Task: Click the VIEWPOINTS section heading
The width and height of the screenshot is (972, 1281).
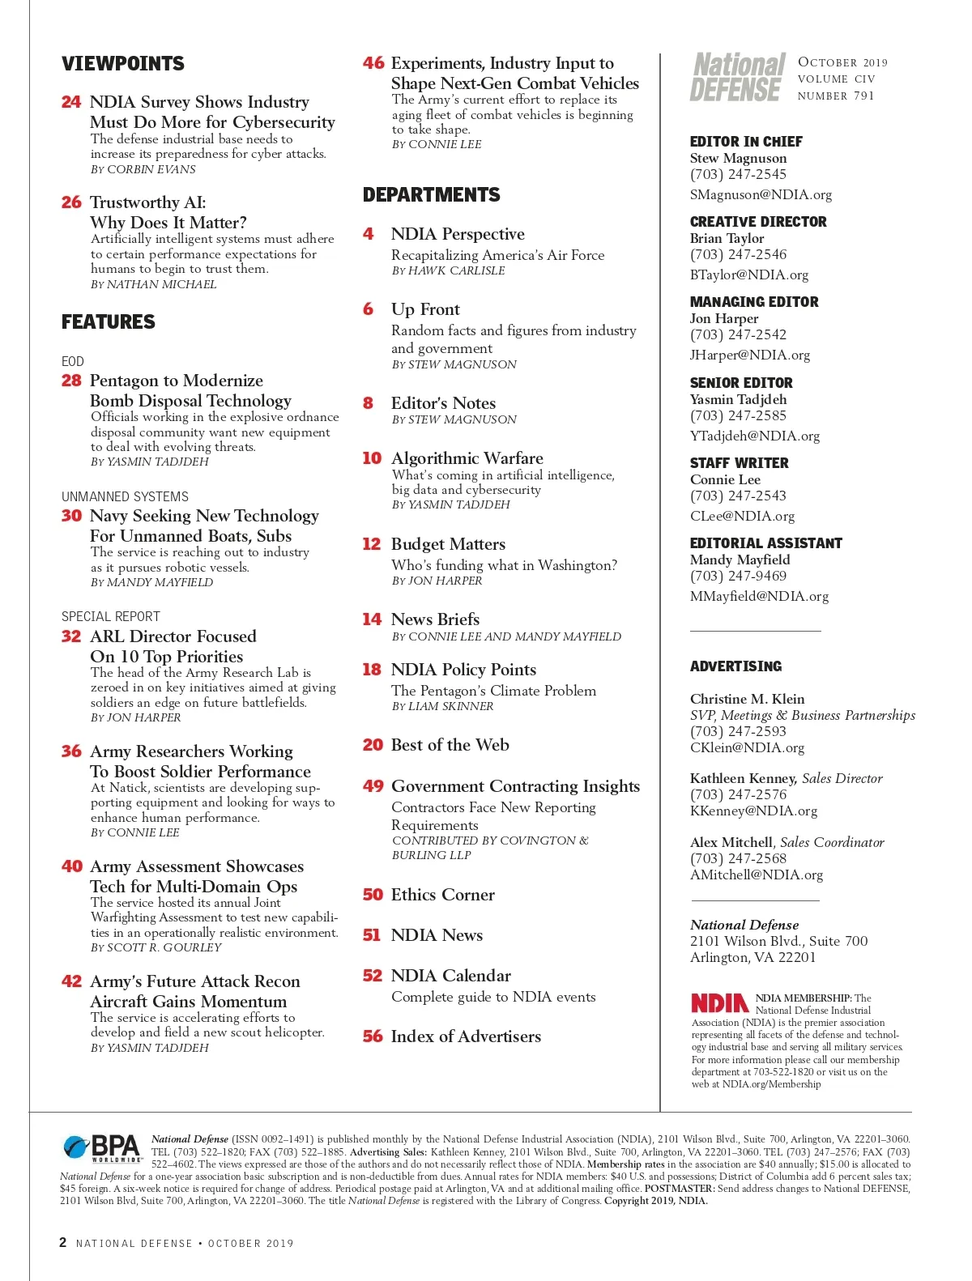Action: tap(123, 64)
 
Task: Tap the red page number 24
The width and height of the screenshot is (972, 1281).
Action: tap(71, 102)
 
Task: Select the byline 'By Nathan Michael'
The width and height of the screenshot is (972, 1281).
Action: tap(153, 284)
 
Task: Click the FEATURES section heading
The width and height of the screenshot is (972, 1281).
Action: tap(109, 322)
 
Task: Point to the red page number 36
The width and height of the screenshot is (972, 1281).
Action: tap(71, 751)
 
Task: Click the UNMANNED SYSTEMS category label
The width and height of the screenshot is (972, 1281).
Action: tap(125, 496)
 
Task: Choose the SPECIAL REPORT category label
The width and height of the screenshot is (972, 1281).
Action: tap(111, 616)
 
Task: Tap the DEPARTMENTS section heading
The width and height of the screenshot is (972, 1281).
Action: tap(431, 195)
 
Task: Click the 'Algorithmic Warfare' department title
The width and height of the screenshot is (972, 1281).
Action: tap(467, 458)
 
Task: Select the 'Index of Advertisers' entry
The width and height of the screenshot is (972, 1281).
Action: tap(466, 1036)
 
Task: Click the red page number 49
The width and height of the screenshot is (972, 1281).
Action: tap(373, 786)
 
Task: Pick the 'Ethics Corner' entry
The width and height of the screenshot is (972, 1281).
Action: tap(442, 895)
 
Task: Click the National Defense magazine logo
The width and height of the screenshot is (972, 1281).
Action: tap(738, 78)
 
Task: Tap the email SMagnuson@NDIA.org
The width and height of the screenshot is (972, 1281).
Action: tap(761, 194)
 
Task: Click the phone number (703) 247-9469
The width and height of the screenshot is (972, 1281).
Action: tap(738, 576)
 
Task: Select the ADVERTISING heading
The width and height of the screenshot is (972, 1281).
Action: tap(735, 666)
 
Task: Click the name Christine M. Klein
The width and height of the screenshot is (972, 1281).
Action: tap(747, 699)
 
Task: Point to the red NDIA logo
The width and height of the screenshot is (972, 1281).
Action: tap(719, 1003)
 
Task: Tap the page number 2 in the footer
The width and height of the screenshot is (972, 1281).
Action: tap(63, 1242)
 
